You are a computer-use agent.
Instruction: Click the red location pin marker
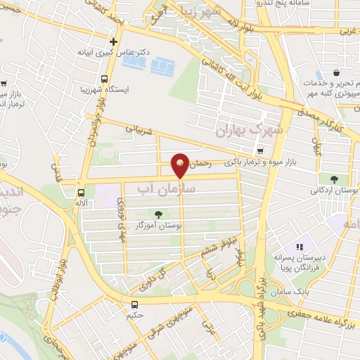pos(181,165)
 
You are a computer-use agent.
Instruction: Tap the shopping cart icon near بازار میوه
pos(261,151)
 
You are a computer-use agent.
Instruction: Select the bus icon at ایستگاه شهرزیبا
pos(105,79)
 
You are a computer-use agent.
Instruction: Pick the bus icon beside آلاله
pos(81,191)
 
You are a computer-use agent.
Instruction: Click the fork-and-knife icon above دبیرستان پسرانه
pos(300,247)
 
